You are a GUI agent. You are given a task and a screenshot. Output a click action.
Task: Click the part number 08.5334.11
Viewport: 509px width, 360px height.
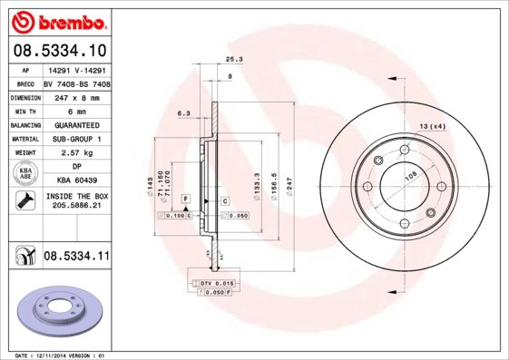pos(76,258)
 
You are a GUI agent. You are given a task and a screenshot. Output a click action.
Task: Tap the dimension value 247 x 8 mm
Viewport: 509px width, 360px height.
pos(76,96)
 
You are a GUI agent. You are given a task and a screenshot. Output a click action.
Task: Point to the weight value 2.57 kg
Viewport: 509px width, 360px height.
pos(76,153)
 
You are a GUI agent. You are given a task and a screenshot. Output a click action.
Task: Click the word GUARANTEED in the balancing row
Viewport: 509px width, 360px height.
pos(76,124)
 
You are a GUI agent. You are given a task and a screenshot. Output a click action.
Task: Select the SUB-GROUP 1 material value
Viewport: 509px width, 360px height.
pos(76,139)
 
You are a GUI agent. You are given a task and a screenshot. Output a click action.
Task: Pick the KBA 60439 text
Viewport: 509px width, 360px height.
pos(76,180)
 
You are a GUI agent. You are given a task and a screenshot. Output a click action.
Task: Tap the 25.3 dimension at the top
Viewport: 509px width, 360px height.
pos(233,59)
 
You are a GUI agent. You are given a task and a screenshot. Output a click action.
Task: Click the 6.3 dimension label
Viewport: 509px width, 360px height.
pos(182,114)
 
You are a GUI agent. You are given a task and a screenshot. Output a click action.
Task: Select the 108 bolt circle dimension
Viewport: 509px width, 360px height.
pos(411,177)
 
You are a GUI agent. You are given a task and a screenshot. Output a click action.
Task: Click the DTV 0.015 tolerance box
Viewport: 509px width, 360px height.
pos(219,285)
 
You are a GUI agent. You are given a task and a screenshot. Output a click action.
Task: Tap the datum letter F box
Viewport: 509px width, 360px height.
pos(185,198)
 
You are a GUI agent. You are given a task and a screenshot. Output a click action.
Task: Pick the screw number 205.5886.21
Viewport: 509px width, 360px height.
pos(76,206)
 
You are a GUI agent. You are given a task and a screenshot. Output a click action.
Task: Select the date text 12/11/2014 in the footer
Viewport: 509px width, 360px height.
pos(64,355)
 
